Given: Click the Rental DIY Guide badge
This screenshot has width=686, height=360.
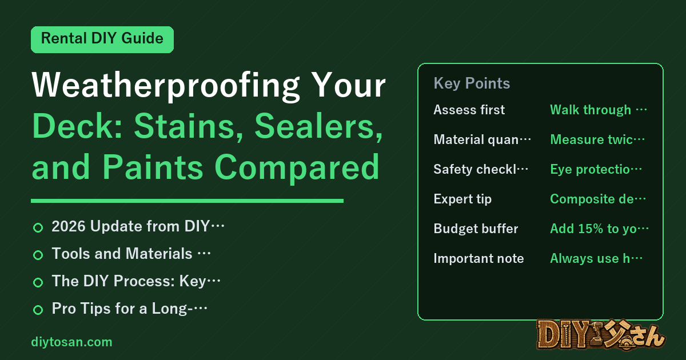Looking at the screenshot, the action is pyautogui.click(x=102, y=39).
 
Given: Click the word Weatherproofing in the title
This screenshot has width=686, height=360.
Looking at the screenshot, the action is pyautogui.click(x=166, y=85).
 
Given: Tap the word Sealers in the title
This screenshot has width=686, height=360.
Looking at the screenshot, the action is pyautogui.click(x=319, y=126).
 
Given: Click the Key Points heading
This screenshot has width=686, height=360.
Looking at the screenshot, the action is pyautogui.click(x=472, y=83).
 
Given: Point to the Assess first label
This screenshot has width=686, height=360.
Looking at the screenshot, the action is pyautogui.click(x=469, y=110).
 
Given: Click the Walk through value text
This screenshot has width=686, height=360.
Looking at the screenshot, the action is pyautogui.click(x=599, y=110).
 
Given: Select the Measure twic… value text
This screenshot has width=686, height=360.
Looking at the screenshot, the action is pyautogui.click(x=597, y=139).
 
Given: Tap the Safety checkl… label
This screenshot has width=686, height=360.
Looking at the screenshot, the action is pyautogui.click(x=481, y=169).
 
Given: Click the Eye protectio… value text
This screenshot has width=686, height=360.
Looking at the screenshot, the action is pyautogui.click(x=596, y=169).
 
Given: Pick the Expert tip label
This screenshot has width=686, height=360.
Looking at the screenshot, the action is pyautogui.click(x=462, y=199).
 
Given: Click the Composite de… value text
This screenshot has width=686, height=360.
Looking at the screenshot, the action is pyautogui.click(x=598, y=199).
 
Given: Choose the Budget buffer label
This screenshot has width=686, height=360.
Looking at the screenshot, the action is pyautogui.click(x=476, y=229).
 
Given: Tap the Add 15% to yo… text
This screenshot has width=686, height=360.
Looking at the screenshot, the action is pyautogui.click(x=599, y=229).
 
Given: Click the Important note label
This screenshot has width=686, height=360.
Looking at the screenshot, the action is pyautogui.click(x=478, y=258).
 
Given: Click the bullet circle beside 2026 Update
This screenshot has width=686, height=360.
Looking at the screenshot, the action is pyautogui.click(x=38, y=228).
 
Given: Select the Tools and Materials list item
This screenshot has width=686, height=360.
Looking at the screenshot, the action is pyautogui.click(x=131, y=254).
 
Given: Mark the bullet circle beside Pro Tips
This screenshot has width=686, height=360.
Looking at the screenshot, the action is pyautogui.click(x=38, y=310).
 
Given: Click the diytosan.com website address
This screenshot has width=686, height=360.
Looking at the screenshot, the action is pyautogui.click(x=71, y=342).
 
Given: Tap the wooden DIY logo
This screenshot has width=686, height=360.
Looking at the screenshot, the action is pyautogui.click(x=601, y=335).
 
